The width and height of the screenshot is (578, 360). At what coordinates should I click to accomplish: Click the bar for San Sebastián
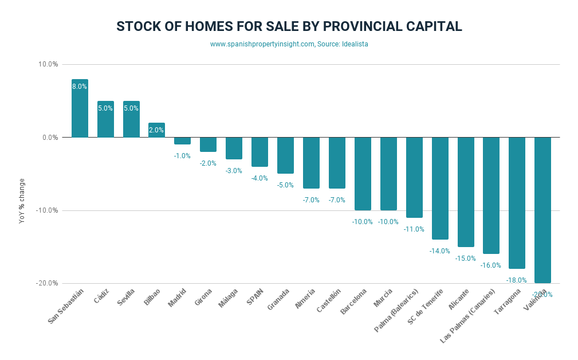click(80, 108)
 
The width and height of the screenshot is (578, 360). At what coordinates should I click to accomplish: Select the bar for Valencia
click(542, 210)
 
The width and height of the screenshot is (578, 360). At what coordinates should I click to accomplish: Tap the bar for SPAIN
click(259, 152)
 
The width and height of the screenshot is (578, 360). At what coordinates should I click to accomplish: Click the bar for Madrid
click(182, 141)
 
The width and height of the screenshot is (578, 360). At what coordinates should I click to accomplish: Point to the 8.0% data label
click(80, 87)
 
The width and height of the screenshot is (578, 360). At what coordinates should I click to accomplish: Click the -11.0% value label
click(414, 229)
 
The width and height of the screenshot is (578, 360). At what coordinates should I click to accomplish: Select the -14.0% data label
click(439, 251)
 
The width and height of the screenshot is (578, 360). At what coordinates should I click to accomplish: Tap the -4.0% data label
click(259, 178)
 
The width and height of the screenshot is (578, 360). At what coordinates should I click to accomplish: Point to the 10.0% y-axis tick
click(48, 64)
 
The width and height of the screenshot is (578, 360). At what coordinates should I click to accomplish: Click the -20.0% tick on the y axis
click(47, 283)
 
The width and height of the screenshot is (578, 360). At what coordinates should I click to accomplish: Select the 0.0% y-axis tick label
click(49, 138)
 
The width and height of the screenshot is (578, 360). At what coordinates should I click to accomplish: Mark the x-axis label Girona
click(204, 298)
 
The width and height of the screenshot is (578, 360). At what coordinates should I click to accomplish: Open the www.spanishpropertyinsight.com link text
click(262, 44)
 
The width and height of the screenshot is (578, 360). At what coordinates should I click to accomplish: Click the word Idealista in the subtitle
click(355, 44)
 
